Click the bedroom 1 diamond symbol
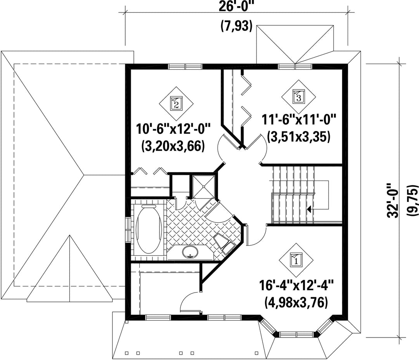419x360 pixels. [x=296, y=260]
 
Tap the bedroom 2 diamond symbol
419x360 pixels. [x=177, y=103]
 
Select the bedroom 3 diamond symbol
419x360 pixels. [x=298, y=97]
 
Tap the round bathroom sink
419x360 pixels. [x=190, y=252]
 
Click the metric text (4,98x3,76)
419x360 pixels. [x=296, y=302]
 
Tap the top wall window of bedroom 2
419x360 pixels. [x=185, y=66]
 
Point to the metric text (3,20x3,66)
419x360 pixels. [x=173, y=146]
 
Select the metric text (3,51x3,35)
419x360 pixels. [x=299, y=137]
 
